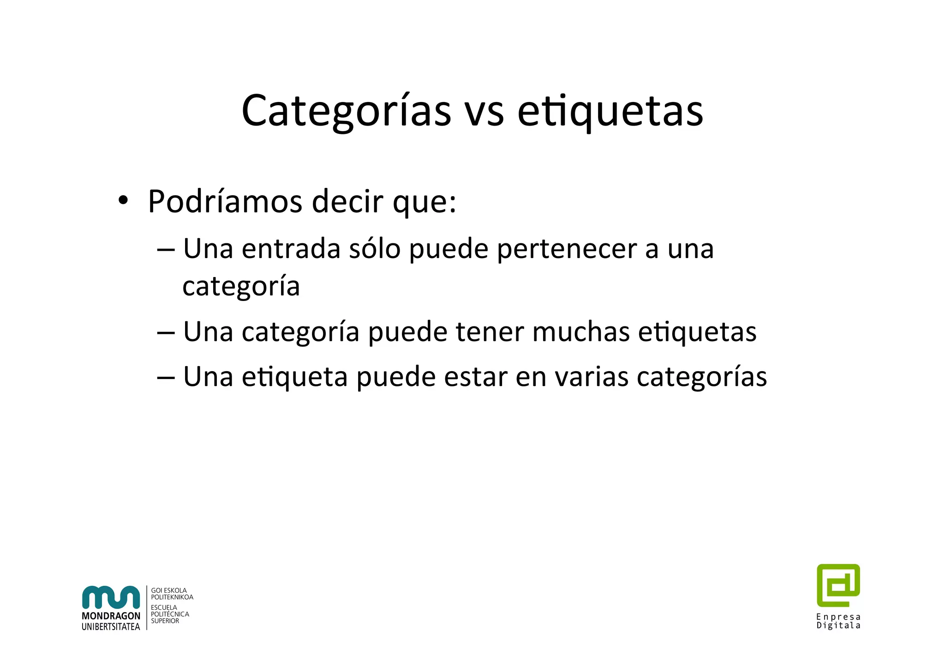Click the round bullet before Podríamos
point(123,201)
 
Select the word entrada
point(291,249)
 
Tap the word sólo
point(374,249)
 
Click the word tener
point(490,331)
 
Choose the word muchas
point(580,331)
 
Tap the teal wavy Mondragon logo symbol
point(111,597)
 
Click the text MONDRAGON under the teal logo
point(111,616)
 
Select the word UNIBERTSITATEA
point(111,626)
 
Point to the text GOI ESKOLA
point(169,590)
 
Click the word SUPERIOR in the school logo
point(165,621)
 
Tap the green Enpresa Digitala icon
point(838,585)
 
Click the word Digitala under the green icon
point(838,626)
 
